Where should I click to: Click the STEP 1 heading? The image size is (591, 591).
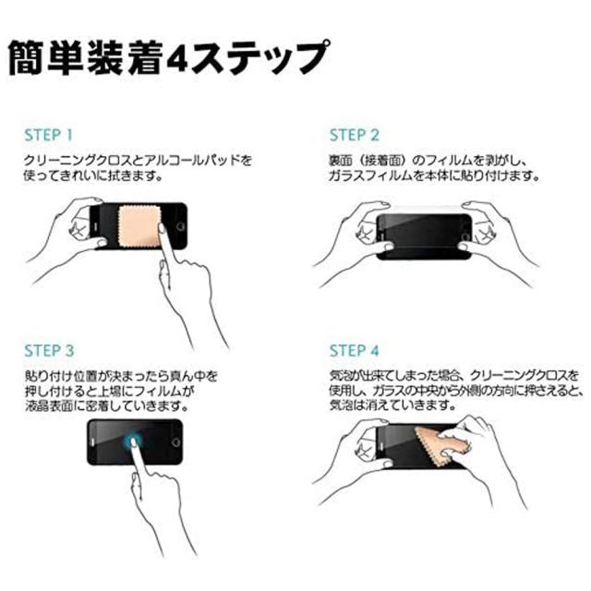click(48, 136)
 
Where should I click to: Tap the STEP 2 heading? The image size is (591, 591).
click(354, 136)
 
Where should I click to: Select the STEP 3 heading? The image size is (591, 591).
click(49, 351)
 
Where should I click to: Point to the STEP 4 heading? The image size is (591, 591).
click(354, 351)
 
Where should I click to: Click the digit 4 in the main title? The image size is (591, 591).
click(177, 59)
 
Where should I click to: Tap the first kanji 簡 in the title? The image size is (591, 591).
click(26, 58)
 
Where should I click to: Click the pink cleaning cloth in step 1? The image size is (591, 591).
click(140, 226)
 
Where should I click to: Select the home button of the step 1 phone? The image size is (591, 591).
click(181, 226)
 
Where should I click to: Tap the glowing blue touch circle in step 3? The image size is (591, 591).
click(133, 440)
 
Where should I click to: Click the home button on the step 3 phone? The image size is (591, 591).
click(175, 442)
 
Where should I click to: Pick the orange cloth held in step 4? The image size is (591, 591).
click(441, 447)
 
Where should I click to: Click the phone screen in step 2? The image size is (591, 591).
click(424, 236)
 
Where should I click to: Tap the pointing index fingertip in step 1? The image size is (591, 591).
click(163, 228)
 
